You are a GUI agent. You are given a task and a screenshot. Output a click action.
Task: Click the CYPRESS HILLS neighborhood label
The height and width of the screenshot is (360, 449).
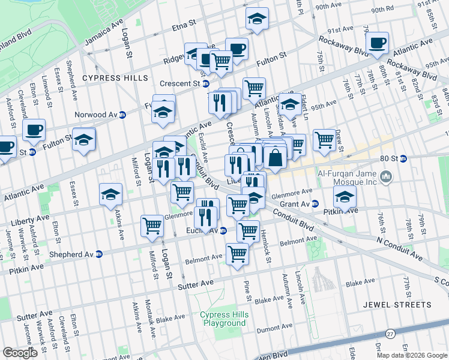pyautogui.click(x=115, y=79)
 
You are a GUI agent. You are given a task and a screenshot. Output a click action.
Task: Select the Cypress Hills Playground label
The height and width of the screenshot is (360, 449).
pyautogui.click(x=223, y=319)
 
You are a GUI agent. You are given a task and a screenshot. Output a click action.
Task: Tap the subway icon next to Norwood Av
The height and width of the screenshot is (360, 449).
pyautogui.click(x=122, y=115)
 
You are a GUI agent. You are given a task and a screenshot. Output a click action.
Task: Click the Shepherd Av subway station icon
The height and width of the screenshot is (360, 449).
pyautogui.click(x=100, y=254)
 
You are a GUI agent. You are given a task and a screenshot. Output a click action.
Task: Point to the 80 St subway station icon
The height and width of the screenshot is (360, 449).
pyautogui.click(x=403, y=159)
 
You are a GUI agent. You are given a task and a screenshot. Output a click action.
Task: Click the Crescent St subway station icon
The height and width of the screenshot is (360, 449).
pyautogui.click(x=205, y=83)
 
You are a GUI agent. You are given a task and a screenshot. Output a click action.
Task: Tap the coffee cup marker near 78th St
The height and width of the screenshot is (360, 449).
pyautogui.click(x=378, y=43)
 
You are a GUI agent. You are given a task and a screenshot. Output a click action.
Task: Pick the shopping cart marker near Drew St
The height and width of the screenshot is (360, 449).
pyautogui.click(x=324, y=140)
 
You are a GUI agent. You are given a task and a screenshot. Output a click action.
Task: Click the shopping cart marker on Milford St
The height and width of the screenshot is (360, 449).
pyautogui.click(x=152, y=226)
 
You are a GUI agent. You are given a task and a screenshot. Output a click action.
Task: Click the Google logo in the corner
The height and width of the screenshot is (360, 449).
pyautogui.click(x=20, y=353)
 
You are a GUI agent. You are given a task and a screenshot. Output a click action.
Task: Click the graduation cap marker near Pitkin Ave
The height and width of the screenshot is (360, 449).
pyautogui.click(x=345, y=197)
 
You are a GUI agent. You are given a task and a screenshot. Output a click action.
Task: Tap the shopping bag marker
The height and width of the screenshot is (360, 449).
pyautogui.click(x=275, y=158)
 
